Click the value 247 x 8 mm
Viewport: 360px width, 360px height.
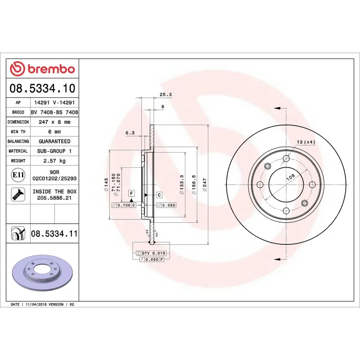pos(54,122)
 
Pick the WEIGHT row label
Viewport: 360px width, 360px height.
pos(18,161)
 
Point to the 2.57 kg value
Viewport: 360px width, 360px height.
pos(54,161)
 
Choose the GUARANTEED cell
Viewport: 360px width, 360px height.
pos(54,141)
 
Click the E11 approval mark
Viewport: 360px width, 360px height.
pos(18,175)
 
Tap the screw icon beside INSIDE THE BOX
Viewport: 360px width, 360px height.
pos(18,194)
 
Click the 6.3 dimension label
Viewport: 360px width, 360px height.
pos(130,133)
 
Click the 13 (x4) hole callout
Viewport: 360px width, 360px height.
pos(306,142)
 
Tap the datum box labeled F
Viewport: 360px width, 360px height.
pos(131,193)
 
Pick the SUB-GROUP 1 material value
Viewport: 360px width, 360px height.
pos(54,151)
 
